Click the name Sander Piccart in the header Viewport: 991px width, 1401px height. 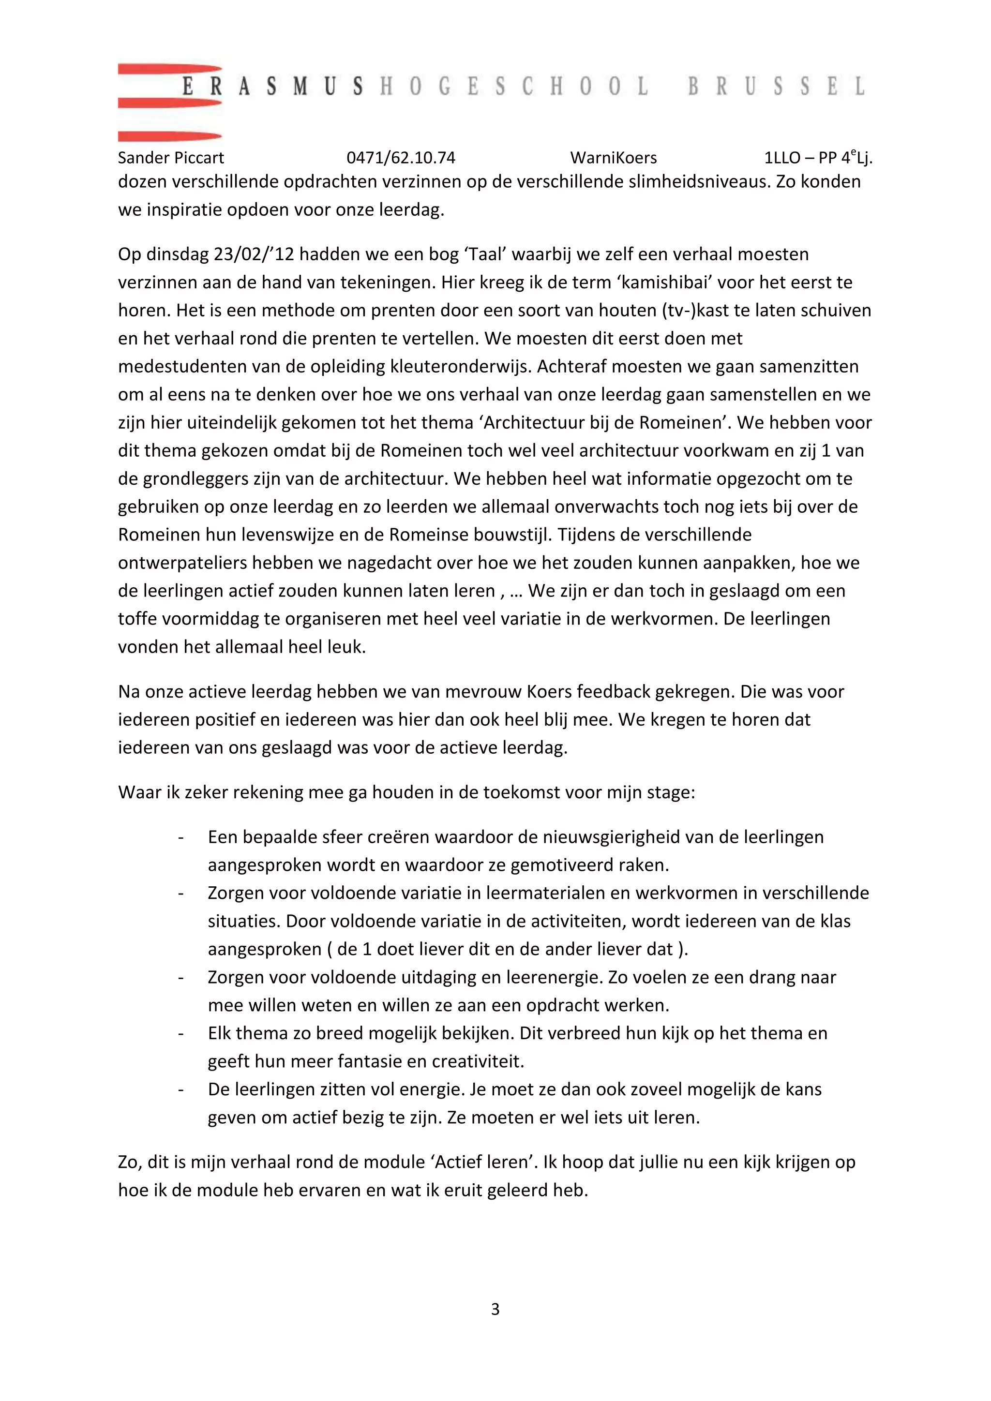[171, 158]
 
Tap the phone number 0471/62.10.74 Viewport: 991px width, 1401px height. [401, 158]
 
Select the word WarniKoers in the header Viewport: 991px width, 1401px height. [613, 158]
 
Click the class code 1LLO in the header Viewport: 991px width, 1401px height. [782, 158]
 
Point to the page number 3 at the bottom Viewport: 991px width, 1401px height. [495, 1309]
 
